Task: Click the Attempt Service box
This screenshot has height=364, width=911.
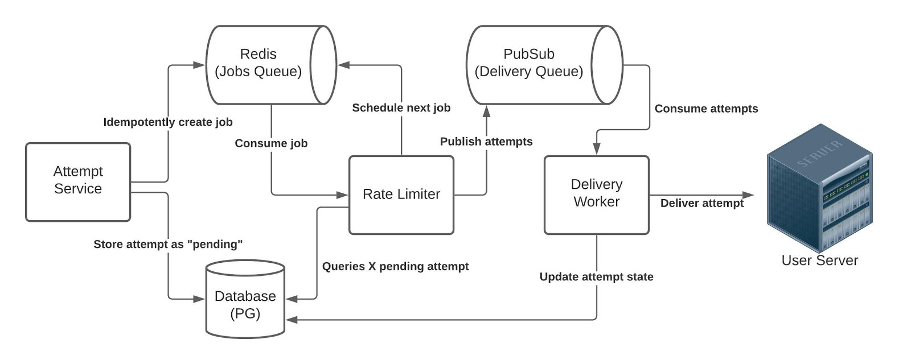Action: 78,181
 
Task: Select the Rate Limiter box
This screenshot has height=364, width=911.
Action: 401,195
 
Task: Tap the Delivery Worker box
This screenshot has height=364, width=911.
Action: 596,194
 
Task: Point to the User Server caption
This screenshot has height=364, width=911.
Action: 819,260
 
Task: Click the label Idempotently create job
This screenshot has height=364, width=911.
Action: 167,122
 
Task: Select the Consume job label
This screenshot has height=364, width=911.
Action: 271,143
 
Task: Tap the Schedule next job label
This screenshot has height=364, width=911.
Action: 401,108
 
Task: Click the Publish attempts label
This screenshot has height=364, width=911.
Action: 486,142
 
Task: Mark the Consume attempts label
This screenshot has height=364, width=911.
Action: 706,109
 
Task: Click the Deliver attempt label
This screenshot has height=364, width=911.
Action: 701,203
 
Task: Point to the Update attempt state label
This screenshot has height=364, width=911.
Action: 596,277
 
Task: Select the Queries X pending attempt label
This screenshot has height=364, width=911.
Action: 395,266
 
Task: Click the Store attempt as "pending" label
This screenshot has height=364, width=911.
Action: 168,245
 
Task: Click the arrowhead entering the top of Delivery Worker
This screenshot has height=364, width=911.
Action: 596,150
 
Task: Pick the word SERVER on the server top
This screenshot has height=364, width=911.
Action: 819,153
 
